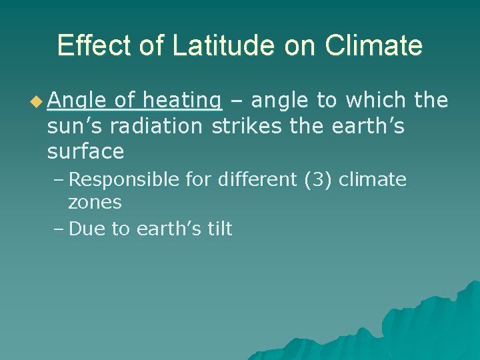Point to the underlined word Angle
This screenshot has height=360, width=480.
point(77,101)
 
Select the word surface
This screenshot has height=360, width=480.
point(85,151)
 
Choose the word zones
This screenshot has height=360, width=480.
point(95,202)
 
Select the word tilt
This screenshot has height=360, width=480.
point(217,229)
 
